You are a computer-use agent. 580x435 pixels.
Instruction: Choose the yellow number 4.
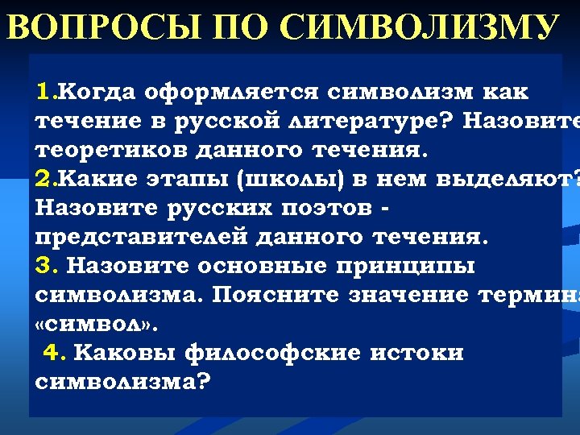[53, 353]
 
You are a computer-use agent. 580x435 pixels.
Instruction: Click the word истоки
[420, 353]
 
